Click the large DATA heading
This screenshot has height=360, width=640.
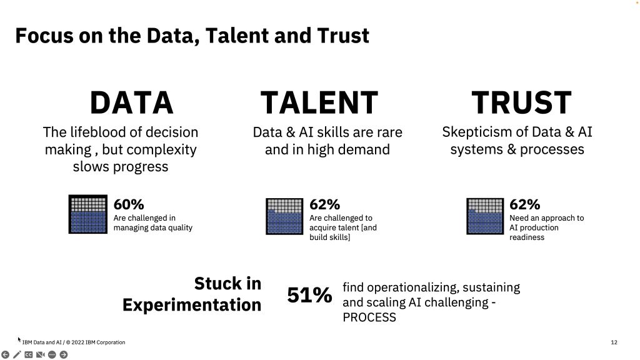[131, 103]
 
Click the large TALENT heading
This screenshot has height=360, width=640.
[319, 103]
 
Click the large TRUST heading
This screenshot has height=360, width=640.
[521, 103]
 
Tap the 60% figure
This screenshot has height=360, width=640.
[129, 204]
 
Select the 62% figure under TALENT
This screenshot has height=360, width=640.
[324, 204]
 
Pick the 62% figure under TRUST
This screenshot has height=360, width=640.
[524, 204]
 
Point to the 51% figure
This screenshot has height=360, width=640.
[309, 295]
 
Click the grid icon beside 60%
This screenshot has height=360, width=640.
[87, 214]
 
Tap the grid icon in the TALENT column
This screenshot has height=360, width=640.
[284, 216]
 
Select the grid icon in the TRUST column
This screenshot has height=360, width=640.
[485, 216]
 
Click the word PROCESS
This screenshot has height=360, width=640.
[369, 317]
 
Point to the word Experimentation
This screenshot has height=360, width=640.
[191, 305]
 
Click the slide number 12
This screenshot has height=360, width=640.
[614, 342]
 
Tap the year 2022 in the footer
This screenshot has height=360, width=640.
[77, 342]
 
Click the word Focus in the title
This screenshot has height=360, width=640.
[44, 36]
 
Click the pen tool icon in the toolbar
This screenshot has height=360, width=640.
[17, 355]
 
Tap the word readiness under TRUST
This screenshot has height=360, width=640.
[526, 237]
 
